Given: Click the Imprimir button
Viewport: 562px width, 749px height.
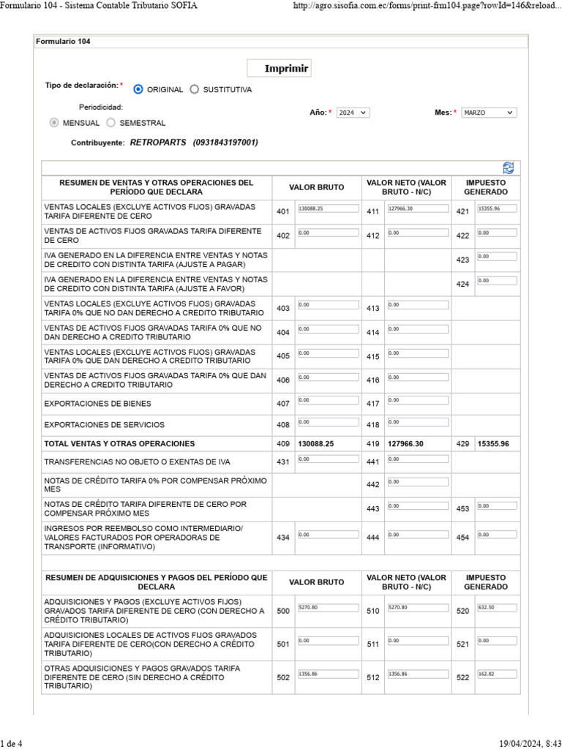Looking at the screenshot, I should tap(287, 69).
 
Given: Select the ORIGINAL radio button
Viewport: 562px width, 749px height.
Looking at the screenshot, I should tap(138, 89).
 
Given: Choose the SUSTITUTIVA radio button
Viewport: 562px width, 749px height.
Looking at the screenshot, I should tap(194, 89).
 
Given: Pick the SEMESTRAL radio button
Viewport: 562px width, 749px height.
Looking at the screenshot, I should tap(110, 123).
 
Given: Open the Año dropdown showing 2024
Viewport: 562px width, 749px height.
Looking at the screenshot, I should tap(353, 113).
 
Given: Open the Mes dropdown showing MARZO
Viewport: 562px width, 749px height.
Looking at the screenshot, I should tap(489, 113).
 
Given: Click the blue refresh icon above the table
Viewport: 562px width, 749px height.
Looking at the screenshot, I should tap(509, 168).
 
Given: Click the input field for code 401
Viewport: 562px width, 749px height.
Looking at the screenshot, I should tap(328, 209).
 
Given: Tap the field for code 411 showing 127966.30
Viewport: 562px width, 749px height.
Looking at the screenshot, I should tap(417, 209).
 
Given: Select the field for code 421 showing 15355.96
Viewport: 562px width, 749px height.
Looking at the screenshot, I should tap(496, 209).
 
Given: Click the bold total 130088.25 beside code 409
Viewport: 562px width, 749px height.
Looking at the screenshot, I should tap(316, 444).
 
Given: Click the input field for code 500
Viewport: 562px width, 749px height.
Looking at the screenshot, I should tap(328, 608).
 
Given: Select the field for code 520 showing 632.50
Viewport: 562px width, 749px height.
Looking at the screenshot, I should tap(496, 608).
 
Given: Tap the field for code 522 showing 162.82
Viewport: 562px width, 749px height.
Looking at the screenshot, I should tap(496, 674).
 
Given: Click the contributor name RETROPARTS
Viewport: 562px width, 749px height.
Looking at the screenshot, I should tap(158, 143).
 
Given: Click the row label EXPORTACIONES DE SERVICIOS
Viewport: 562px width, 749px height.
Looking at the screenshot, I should tap(104, 425).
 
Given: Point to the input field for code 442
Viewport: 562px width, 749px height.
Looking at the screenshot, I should tap(417, 483).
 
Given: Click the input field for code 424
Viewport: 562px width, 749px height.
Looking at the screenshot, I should tap(496, 281).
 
